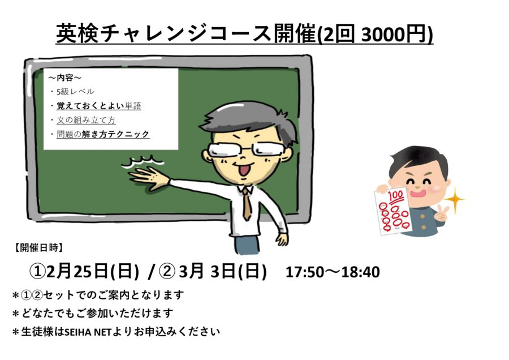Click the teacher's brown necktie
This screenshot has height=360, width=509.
point(247,203)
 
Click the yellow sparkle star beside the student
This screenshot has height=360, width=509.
point(455,199)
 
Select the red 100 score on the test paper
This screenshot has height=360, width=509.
point(396,196)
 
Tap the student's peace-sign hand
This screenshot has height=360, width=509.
point(442,213)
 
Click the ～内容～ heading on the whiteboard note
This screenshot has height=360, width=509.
point(65,78)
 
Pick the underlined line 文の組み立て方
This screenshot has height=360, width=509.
point(86,120)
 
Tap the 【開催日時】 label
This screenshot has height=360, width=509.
point(38,247)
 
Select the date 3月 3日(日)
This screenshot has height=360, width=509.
point(223,272)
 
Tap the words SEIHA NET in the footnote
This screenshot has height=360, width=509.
point(88,332)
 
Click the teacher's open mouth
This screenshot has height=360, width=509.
point(244,170)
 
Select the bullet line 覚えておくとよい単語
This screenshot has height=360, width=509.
point(99,106)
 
